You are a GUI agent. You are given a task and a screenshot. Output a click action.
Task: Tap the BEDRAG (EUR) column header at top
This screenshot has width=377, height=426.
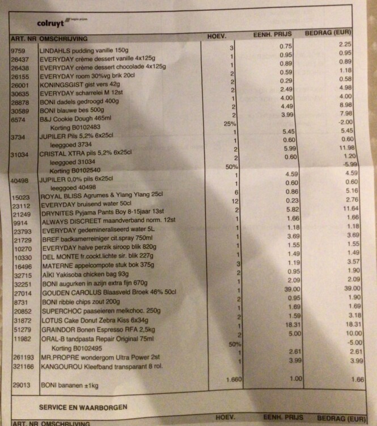pyautogui.click(x=333, y=34)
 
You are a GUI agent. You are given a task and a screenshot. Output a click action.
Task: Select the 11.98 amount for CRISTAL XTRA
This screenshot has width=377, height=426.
pyautogui.click(x=338, y=147)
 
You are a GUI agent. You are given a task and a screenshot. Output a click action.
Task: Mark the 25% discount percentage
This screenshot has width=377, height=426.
pyautogui.click(x=230, y=123)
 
